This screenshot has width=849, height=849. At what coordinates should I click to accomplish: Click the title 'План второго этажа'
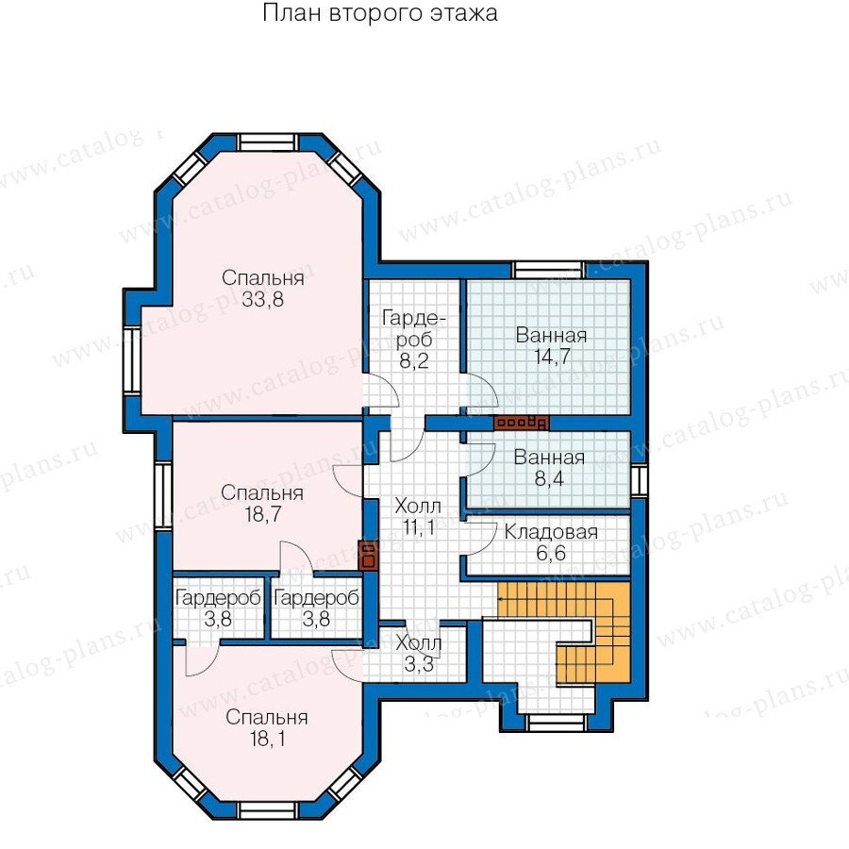coord(379,13)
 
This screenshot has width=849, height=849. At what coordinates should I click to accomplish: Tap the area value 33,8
coord(262,299)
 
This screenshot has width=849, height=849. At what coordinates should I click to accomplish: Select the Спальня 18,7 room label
coord(262,503)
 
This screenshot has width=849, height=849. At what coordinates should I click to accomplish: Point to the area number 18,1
coord(267,738)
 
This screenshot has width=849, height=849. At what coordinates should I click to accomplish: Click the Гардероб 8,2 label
coord(414,339)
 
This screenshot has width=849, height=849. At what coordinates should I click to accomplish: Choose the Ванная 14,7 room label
coord(551,345)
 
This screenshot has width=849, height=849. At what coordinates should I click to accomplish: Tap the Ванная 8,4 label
coord(549,468)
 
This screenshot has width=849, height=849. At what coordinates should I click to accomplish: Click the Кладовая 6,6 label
coord(551,542)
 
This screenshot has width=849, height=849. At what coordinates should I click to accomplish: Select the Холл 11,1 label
coord(418,517)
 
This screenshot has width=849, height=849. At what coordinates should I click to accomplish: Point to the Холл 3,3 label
coord(419,654)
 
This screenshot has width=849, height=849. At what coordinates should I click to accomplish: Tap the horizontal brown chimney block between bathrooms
coord(521,423)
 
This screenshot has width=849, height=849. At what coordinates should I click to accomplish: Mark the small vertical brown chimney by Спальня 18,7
coord(369,555)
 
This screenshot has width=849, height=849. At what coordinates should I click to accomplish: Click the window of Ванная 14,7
coord(548,270)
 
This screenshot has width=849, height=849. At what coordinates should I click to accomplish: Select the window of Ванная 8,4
coord(639,480)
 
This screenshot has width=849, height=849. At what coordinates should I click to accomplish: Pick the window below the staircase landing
coord(557,723)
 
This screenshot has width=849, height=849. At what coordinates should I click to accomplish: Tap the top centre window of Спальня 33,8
coord(268,141)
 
